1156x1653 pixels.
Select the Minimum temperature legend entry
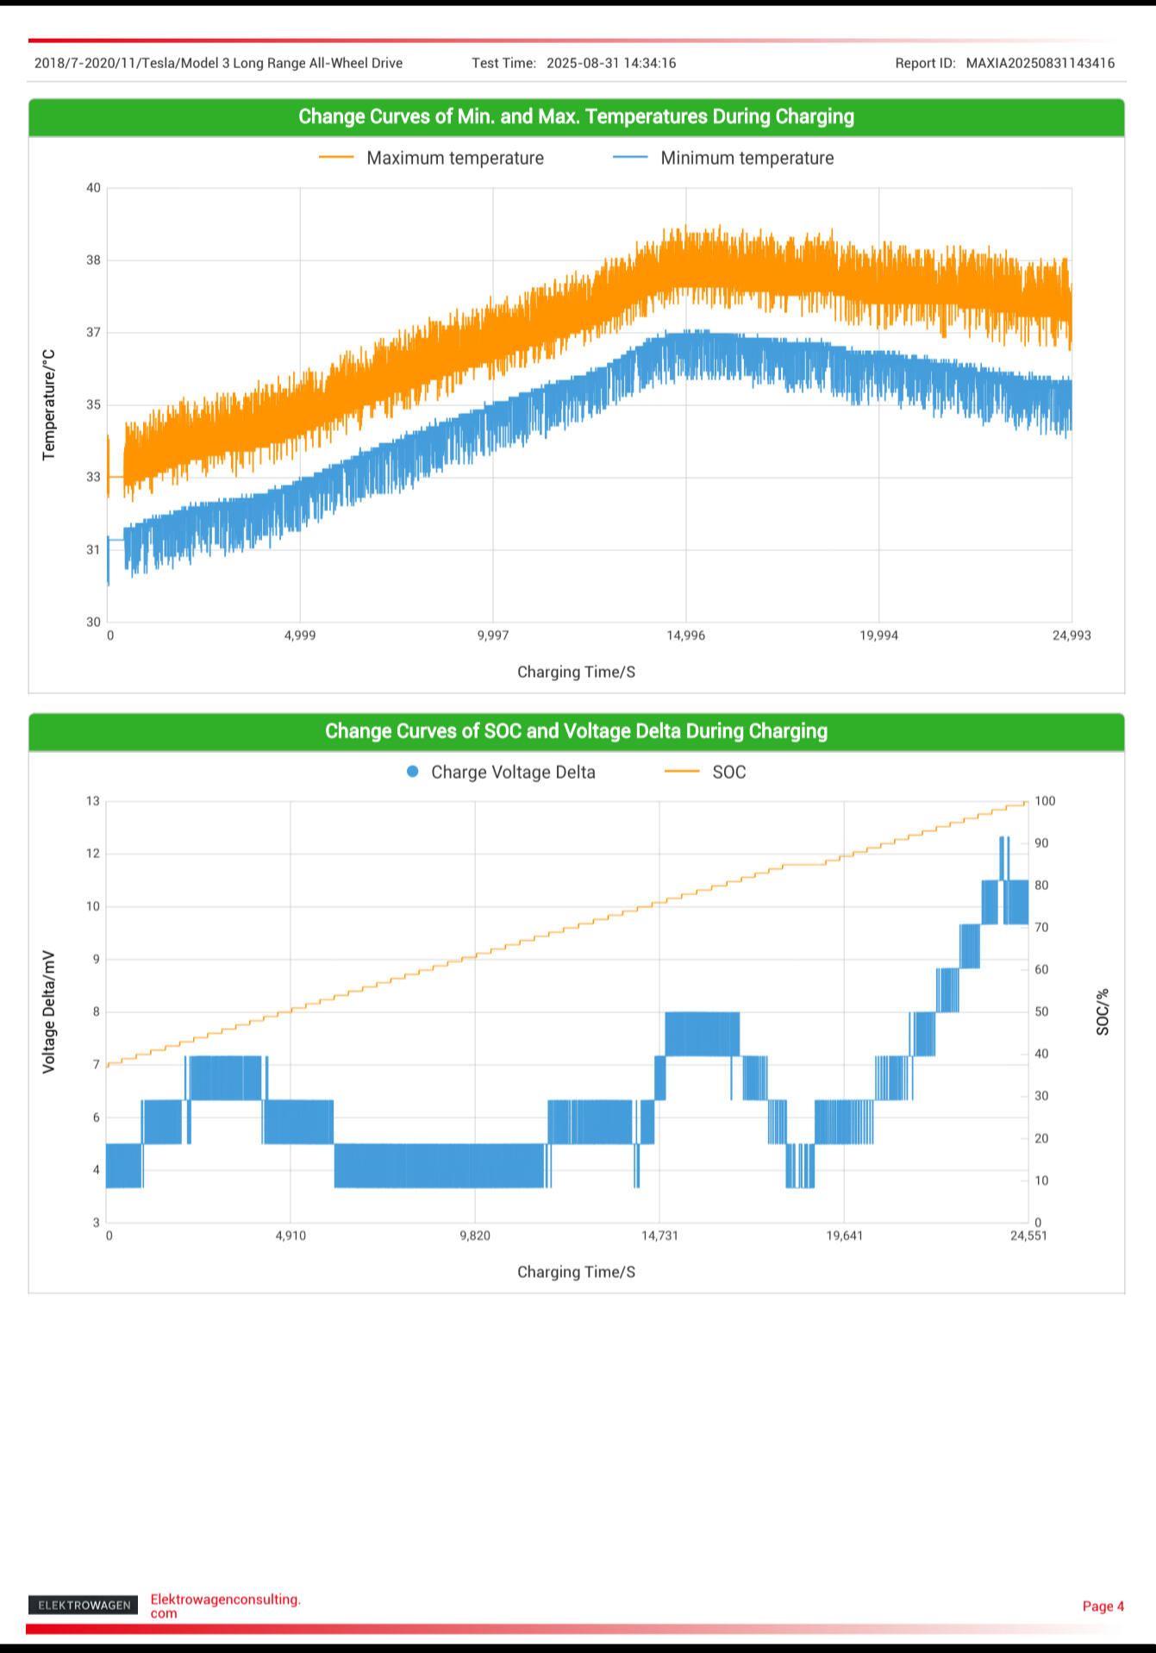point(723,158)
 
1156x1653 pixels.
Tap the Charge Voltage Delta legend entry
point(501,772)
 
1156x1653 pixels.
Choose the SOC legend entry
point(706,772)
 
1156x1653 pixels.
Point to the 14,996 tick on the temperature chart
point(685,636)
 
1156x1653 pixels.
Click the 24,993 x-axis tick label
point(1071,636)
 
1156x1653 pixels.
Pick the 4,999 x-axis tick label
point(300,636)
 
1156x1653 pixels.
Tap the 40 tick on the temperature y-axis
point(93,188)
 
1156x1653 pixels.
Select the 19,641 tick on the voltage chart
point(844,1236)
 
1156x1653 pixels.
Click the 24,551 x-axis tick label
point(1028,1236)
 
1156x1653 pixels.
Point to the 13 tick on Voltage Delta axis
point(92,801)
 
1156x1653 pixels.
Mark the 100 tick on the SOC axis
point(1045,801)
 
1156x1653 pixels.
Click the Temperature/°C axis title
point(49,404)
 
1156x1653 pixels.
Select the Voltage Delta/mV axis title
point(49,1011)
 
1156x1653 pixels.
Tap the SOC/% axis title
point(1103,1011)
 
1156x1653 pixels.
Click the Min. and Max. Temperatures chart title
point(576,116)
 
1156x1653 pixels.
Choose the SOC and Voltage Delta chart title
point(576,731)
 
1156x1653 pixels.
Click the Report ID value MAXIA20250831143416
point(1040,63)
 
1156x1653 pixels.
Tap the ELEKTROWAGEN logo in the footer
point(84,1605)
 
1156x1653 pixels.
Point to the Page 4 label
point(1103,1606)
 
